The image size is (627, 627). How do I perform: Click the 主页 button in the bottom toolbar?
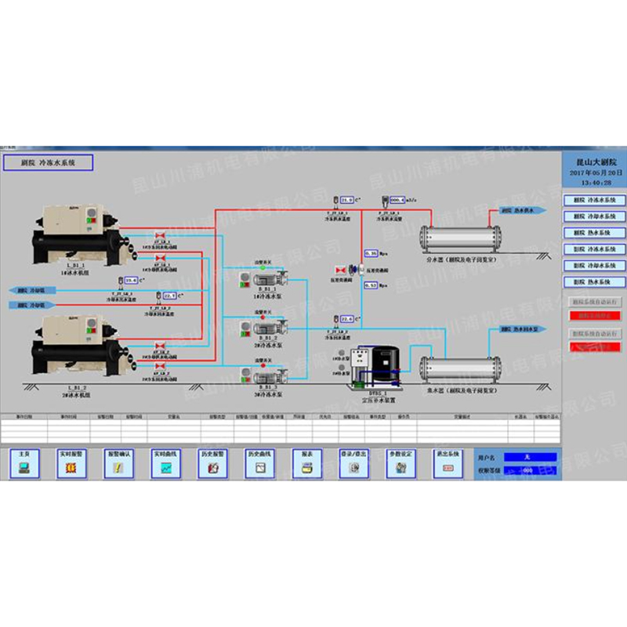tap(24, 462)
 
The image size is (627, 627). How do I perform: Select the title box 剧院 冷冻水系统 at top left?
tap(48, 162)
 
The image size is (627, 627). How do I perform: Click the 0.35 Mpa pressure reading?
tap(373, 253)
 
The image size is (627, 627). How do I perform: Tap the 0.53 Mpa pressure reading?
tap(373, 285)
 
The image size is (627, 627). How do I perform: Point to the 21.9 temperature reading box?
tap(348, 201)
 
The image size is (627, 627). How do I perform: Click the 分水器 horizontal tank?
tap(461, 235)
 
